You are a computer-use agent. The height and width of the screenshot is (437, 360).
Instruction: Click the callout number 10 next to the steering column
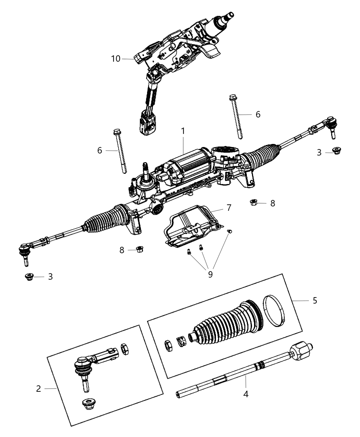click(116, 59)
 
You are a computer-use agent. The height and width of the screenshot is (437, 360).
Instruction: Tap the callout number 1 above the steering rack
click(183, 131)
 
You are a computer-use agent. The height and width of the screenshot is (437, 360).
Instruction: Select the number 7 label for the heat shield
click(229, 207)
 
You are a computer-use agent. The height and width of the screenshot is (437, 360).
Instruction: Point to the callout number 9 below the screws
click(210, 274)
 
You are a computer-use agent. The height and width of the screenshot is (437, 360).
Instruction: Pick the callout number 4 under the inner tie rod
click(245, 394)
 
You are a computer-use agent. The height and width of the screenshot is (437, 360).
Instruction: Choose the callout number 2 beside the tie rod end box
click(38, 388)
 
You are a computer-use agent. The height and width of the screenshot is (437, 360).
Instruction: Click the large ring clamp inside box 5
click(276, 311)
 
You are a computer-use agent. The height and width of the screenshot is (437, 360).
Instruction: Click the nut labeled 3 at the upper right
click(337, 151)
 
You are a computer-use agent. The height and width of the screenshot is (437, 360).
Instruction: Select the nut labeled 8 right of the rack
click(254, 203)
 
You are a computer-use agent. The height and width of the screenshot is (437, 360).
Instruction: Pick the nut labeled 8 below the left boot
click(139, 249)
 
